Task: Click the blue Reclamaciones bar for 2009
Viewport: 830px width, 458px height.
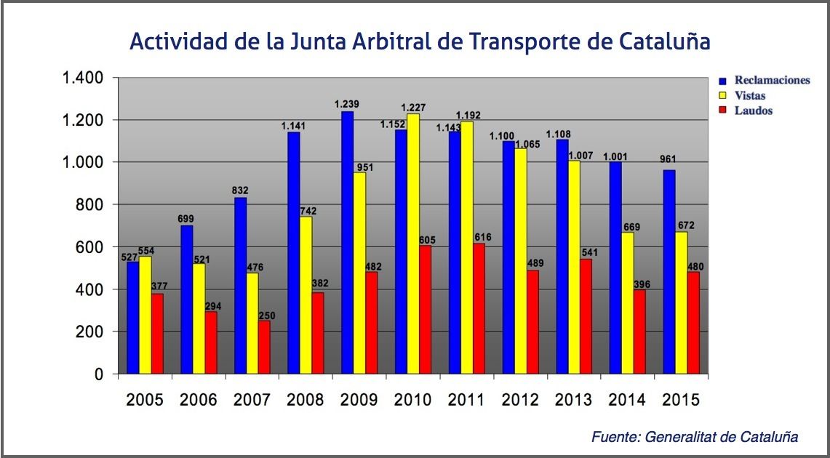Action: point(347,243)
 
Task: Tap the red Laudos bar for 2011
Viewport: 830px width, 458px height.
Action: point(478,309)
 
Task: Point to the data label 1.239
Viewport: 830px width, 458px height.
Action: point(347,104)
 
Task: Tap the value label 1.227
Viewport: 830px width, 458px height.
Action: point(412,107)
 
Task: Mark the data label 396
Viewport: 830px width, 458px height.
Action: point(642,284)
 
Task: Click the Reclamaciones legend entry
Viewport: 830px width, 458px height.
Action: point(772,80)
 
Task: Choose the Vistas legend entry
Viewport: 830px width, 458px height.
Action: point(749,95)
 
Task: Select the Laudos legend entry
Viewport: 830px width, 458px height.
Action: point(753,111)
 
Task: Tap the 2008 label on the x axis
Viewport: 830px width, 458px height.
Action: point(306,401)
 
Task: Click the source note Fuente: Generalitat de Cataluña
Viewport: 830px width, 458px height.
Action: point(694,437)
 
